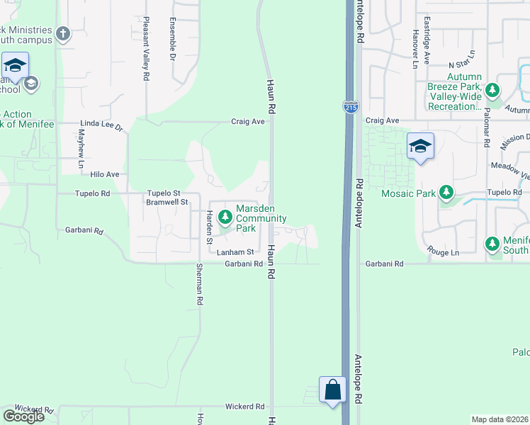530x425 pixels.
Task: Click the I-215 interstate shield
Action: (351, 107)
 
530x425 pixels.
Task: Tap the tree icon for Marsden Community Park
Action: (225, 217)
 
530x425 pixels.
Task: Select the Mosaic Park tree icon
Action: (446, 193)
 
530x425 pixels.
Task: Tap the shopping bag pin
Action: (332, 390)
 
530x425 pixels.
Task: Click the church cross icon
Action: (63, 33)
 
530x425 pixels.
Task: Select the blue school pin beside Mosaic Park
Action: (420, 147)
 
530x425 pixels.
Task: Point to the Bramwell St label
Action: (167, 202)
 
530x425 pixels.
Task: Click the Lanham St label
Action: (235, 252)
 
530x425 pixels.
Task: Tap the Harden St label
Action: (210, 227)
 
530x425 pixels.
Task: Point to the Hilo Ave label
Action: (104, 174)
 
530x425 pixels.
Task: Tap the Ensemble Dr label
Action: (172, 38)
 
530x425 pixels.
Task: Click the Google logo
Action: (23, 416)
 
